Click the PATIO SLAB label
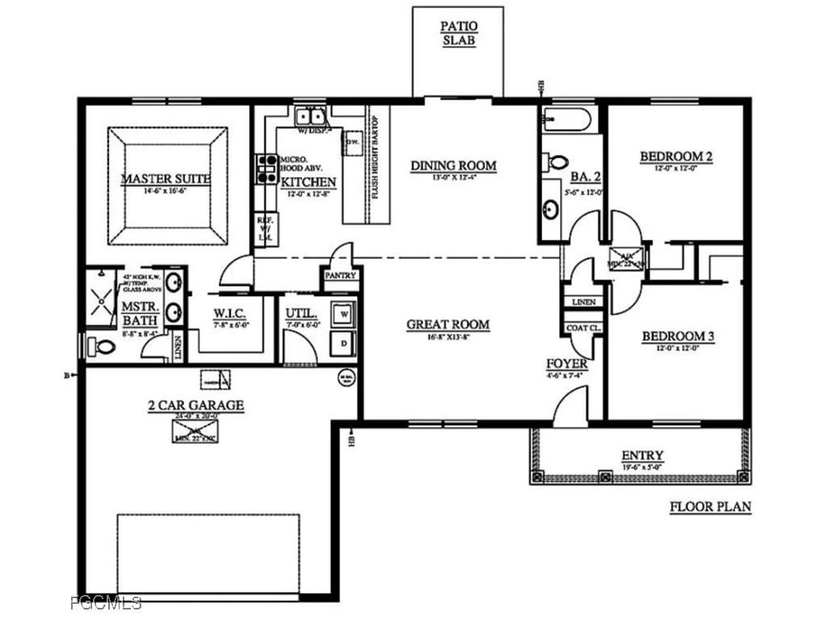coord(458,33)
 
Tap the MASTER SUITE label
coord(166,178)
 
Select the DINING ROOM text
coord(453,166)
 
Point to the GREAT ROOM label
coord(447,325)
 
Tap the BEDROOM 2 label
coord(676,157)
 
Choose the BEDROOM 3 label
coord(678,337)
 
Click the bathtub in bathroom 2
coord(567,119)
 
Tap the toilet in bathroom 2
coord(557,161)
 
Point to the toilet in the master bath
coord(101,347)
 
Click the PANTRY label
coord(341,275)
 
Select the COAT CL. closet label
coord(582,328)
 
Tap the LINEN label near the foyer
coord(583,302)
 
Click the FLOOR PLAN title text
coord(711,507)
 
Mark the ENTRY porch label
coord(642,455)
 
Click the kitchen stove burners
coord(266,169)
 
